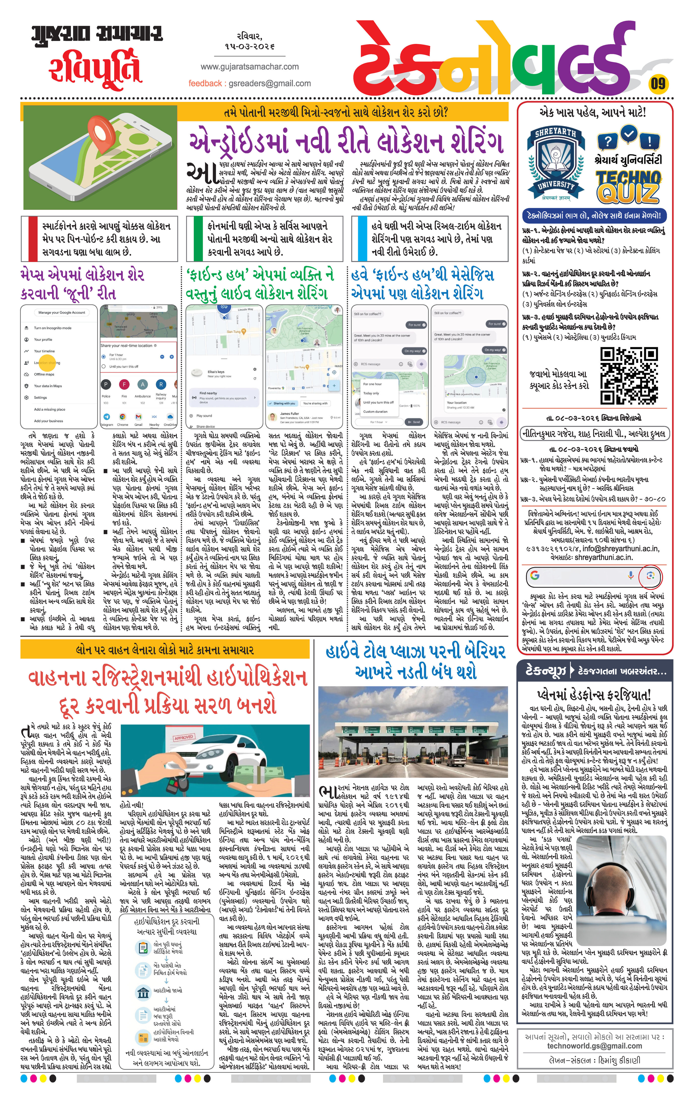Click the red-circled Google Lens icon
(650, 576)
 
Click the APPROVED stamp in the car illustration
(184, 738)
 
